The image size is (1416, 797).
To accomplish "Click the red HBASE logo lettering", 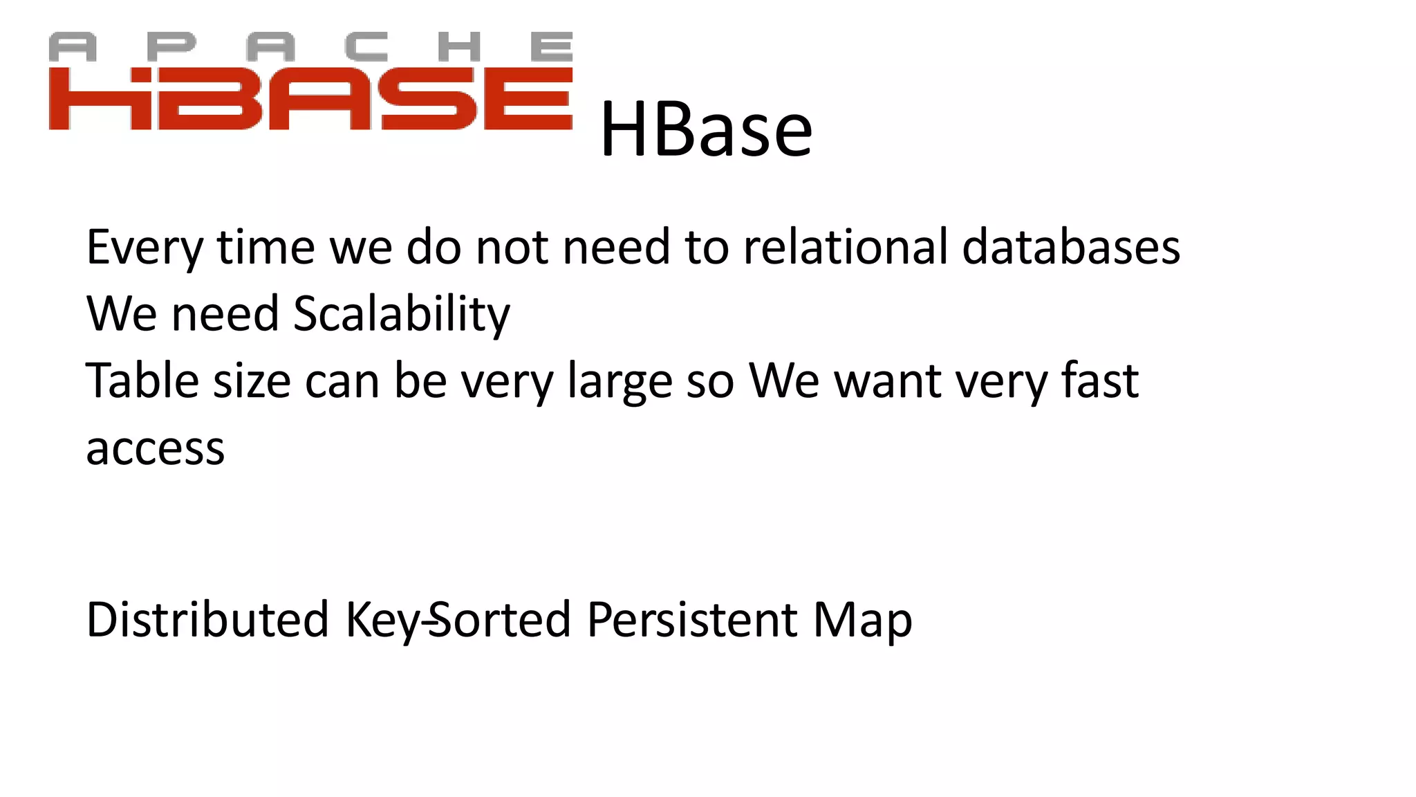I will click(x=310, y=99).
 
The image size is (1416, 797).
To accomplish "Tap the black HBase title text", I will click(x=705, y=130).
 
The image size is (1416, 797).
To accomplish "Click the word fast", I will click(x=1099, y=381).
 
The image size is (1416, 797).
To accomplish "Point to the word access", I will click(x=155, y=448).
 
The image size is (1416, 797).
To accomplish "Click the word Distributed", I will click(x=207, y=619).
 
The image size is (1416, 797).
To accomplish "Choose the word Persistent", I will click(x=691, y=619).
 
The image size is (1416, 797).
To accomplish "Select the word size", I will click(x=251, y=381).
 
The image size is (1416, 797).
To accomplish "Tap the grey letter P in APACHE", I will click(x=171, y=47).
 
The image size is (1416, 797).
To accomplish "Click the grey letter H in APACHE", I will click(x=459, y=47).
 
